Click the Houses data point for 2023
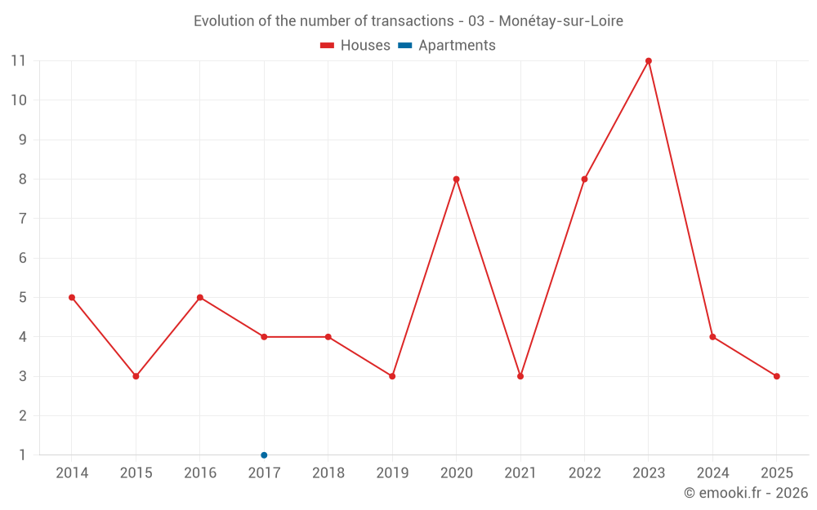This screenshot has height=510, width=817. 649,60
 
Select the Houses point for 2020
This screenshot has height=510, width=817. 456,179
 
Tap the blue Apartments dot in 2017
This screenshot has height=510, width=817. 264,455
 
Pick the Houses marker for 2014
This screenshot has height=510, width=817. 72,297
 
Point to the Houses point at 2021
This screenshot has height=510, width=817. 520,376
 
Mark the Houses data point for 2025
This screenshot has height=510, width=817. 776,376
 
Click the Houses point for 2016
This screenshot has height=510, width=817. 200,297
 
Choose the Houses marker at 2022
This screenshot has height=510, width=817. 584,179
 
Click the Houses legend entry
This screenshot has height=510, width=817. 355,46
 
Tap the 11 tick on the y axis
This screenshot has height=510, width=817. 18,60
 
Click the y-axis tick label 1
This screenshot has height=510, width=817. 23,455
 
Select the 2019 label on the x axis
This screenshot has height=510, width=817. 392,473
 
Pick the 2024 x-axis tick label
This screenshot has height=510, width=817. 712,473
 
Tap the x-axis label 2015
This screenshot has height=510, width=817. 136,473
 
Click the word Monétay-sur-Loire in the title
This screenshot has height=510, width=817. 560,21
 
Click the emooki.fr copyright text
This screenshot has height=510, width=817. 746,493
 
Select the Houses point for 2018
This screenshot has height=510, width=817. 328,337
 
